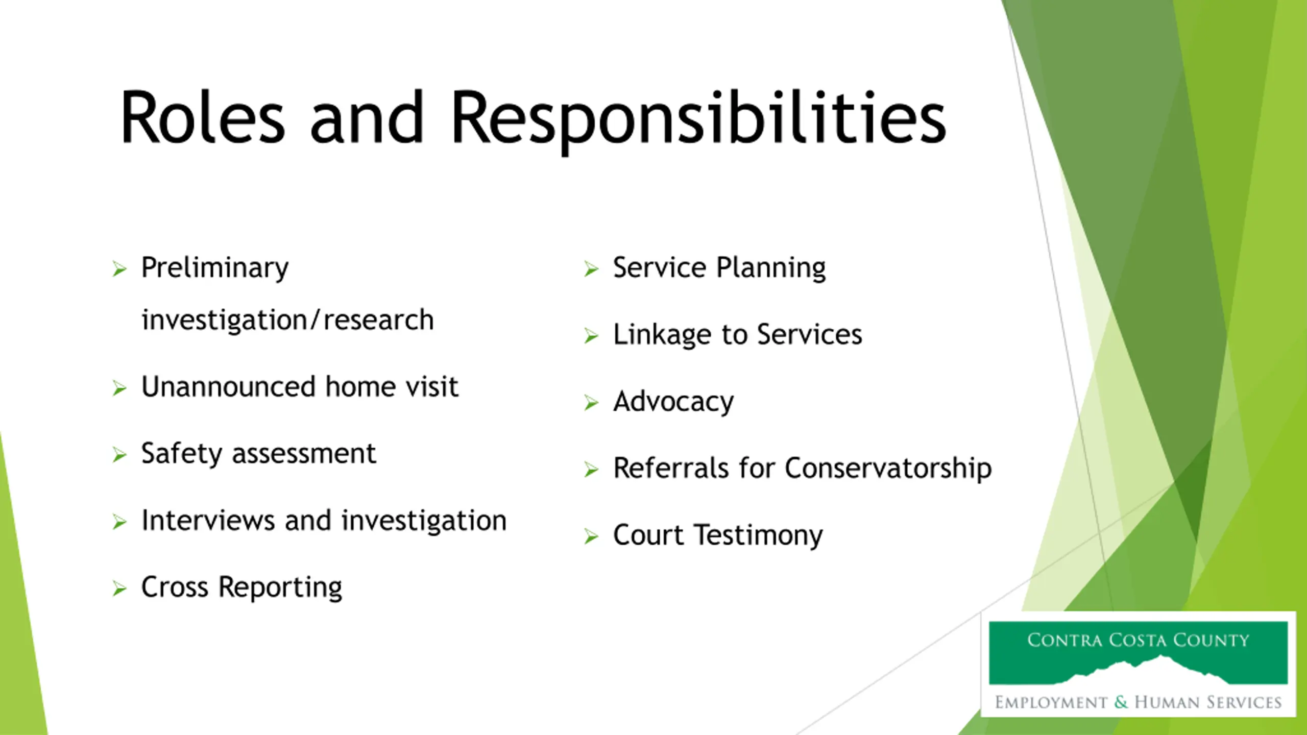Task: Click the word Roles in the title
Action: pos(202,117)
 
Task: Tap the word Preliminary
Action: pos(215,268)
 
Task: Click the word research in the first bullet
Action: pos(378,320)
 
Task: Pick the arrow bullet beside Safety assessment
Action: pos(119,454)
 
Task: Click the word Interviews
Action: pos(208,520)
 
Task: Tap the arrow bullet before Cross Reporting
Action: pos(119,589)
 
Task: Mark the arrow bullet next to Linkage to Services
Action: pos(591,336)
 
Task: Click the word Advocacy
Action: pos(673,402)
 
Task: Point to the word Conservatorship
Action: pos(888,468)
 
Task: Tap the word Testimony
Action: pos(759,536)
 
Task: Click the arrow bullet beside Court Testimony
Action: pos(591,536)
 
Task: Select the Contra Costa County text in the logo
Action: pos(1138,640)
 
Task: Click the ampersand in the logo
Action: pos(1121,702)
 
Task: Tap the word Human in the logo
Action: pos(1168,702)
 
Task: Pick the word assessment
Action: pos(304,454)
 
